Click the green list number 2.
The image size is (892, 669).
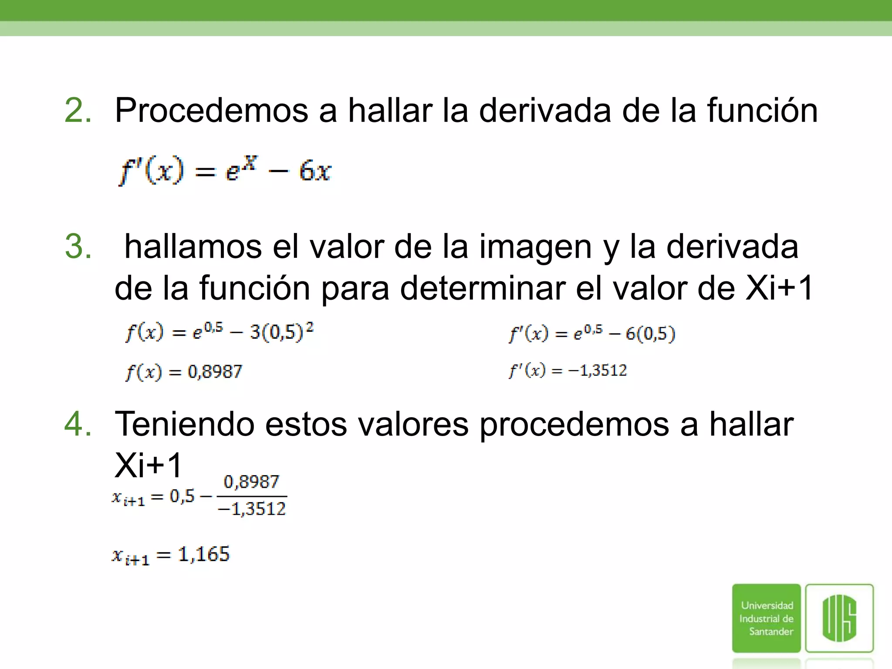[x=78, y=111]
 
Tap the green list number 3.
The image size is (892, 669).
[x=78, y=247]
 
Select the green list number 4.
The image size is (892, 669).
[x=78, y=424]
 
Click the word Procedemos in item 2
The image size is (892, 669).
[x=211, y=111]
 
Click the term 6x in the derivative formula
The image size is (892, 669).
[x=315, y=171]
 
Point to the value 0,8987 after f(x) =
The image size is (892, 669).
[x=215, y=372]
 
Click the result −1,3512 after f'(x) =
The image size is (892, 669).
[x=597, y=371]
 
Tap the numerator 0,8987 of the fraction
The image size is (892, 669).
[x=251, y=482]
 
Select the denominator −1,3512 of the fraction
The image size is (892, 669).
[x=252, y=509]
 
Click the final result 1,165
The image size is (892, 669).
[x=203, y=554]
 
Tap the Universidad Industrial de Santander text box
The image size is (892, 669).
[x=766, y=618]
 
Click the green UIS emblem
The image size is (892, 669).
[x=839, y=618]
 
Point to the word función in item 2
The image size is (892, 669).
[x=762, y=111]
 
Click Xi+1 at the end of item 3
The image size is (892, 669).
[x=779, y=288]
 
